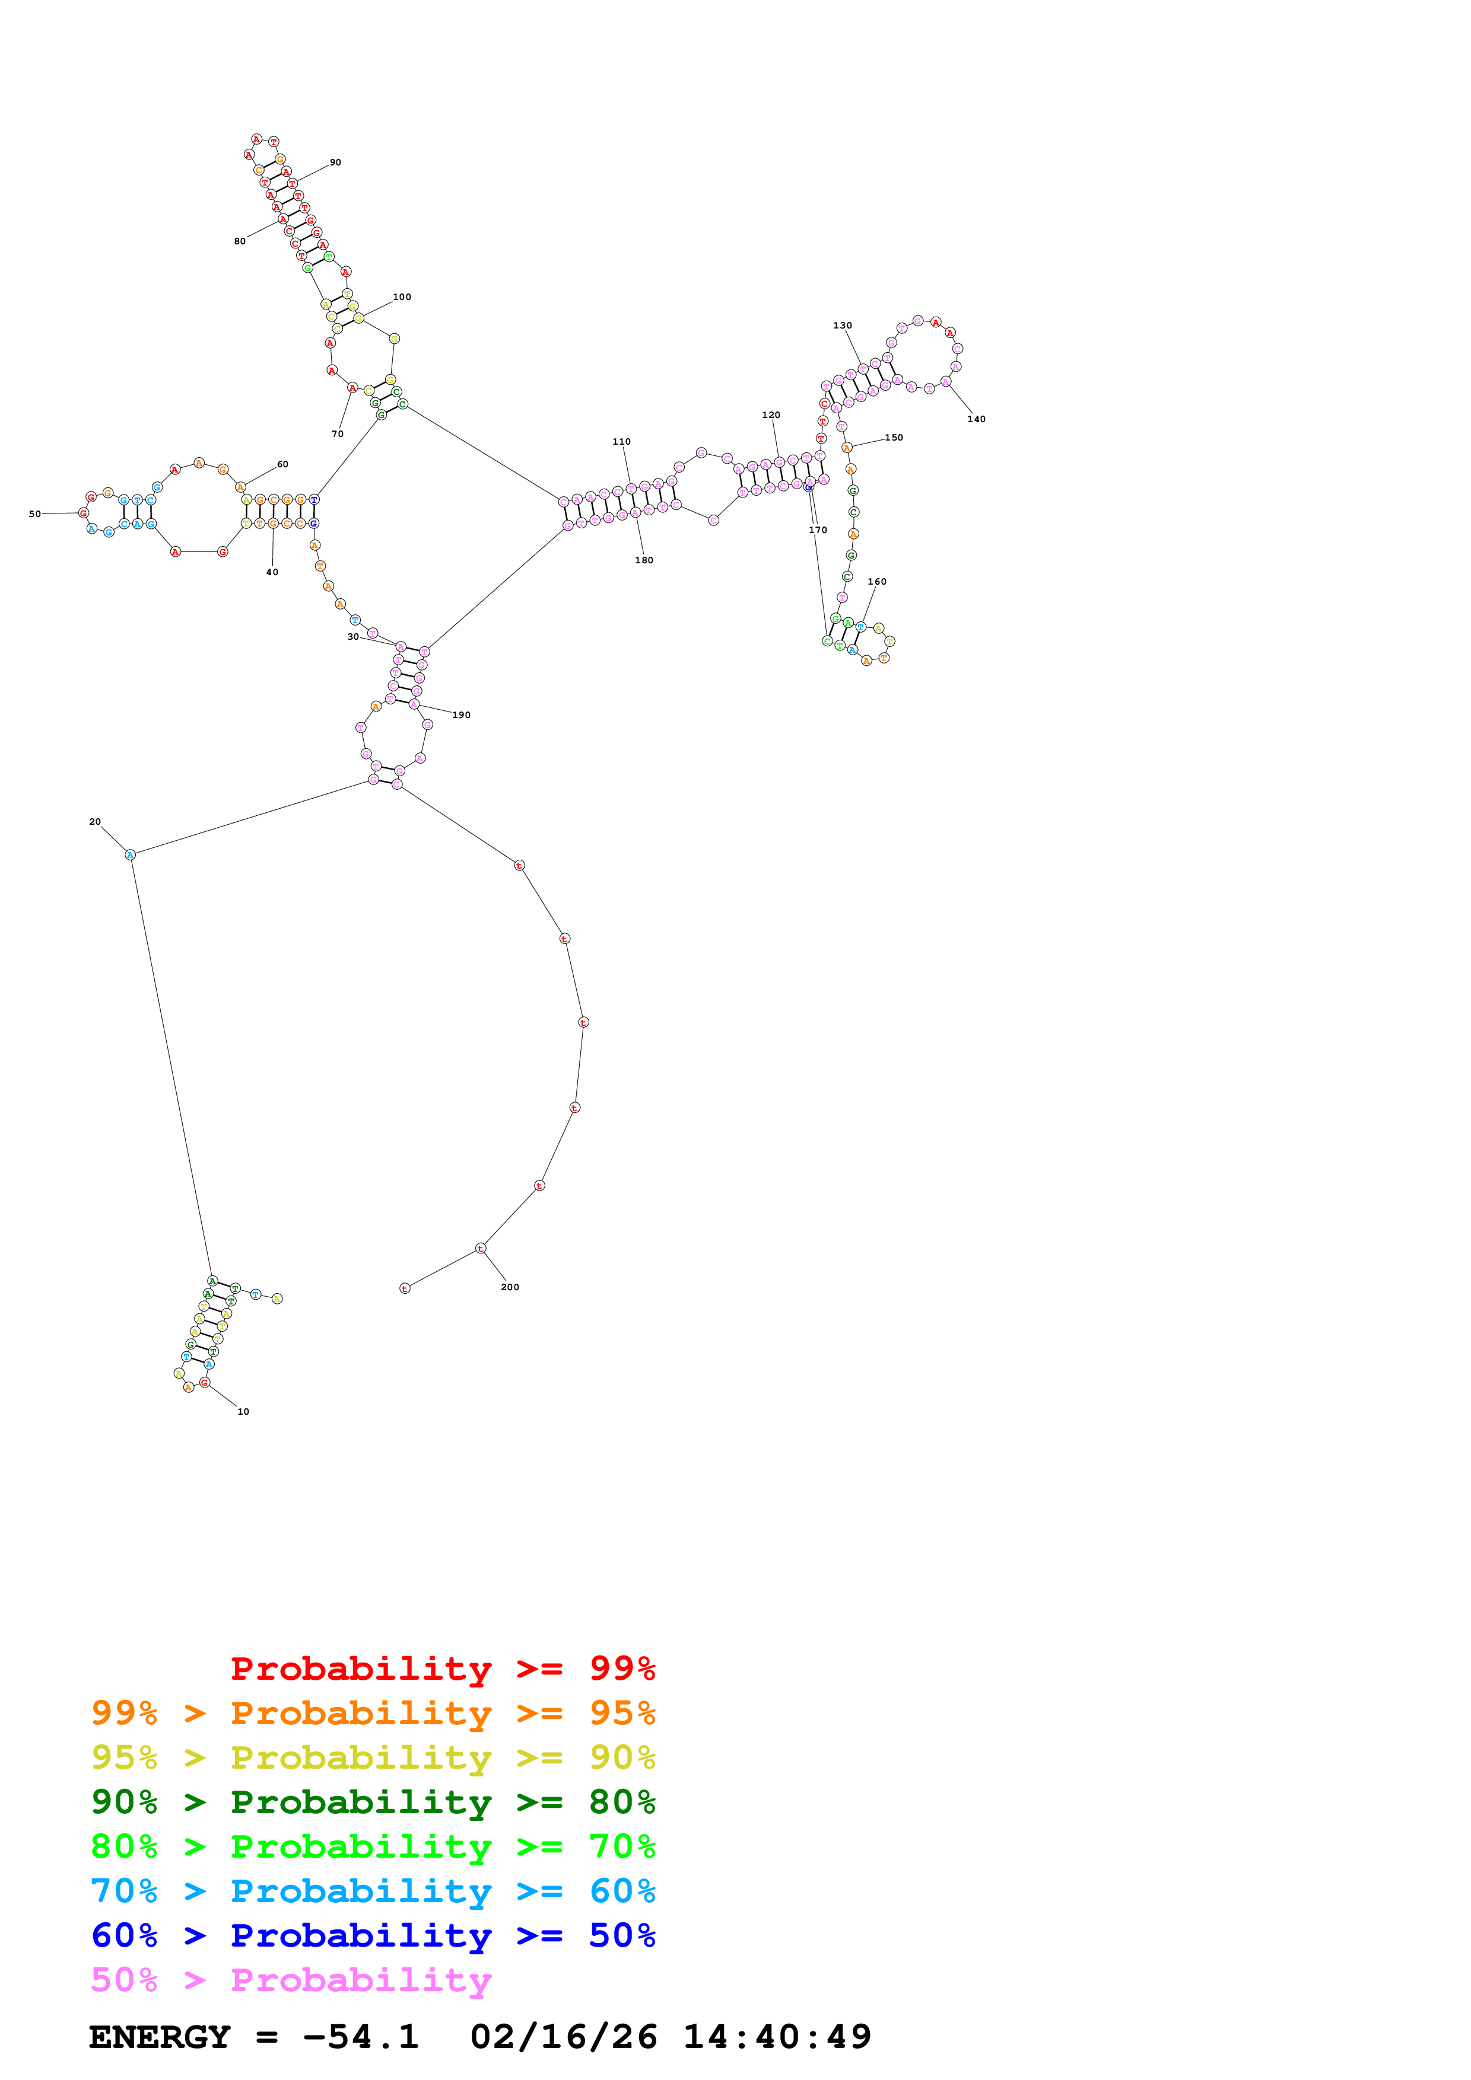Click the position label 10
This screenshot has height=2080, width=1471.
(x=243, y=1411)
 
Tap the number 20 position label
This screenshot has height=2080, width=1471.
(x=95, y=822)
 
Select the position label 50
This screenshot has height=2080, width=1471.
(x=34, y=513)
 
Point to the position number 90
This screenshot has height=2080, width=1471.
(x=335, y=162)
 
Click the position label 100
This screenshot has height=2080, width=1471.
(x=402, y=297)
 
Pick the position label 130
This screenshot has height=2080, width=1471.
(x=842, y=326)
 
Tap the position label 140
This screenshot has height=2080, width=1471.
(x=976, y=419)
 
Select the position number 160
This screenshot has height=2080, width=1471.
(x=876, y=582)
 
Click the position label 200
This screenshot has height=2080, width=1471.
(x=509, y=1287)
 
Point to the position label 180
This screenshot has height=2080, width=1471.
(x=643, y=560)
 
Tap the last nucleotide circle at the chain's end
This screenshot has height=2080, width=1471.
(x=405, y=1288)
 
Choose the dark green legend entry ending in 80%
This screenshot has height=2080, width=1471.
(x=373, y=1802)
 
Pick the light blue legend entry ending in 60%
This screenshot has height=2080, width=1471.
(x=373, y=1891)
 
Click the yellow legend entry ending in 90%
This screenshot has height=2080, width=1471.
(x=373, y=1757)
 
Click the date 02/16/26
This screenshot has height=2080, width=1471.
(x=563, y=2037)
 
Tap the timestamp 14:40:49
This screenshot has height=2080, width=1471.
(x=777, y=2037)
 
